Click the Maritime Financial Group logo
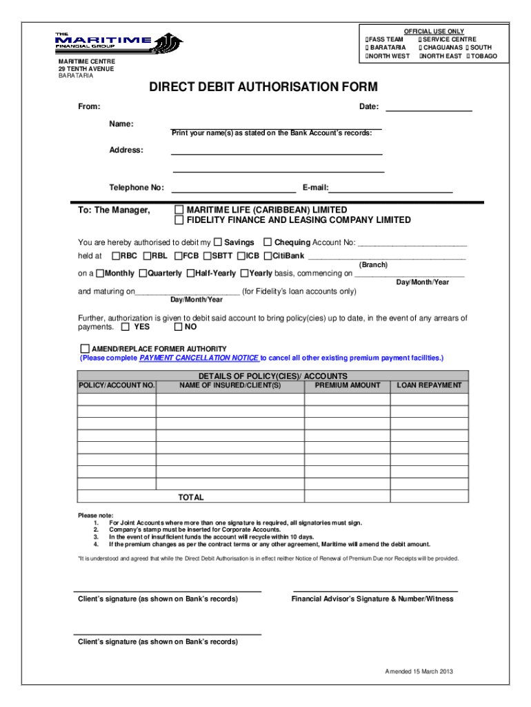(x=119, y=43)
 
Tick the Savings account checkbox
(x=218, y=242)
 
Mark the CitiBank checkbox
(x=268, y=255)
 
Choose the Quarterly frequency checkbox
(x=143, y=273)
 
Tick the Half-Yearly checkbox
(x=190, y=273)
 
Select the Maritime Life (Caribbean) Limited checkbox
(x=179, y=210)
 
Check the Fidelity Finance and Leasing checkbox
(x=179, y=220)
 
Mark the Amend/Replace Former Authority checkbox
(x=85, y=349)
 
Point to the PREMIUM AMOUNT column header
(x=347, y=385)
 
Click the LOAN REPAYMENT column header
(x=429, y=385)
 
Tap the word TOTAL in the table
(x=191, y=497)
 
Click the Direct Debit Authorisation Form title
(x=263, y=87)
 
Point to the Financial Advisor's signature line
(x=375, y=591)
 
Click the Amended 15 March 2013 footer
(x=419, y=672)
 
